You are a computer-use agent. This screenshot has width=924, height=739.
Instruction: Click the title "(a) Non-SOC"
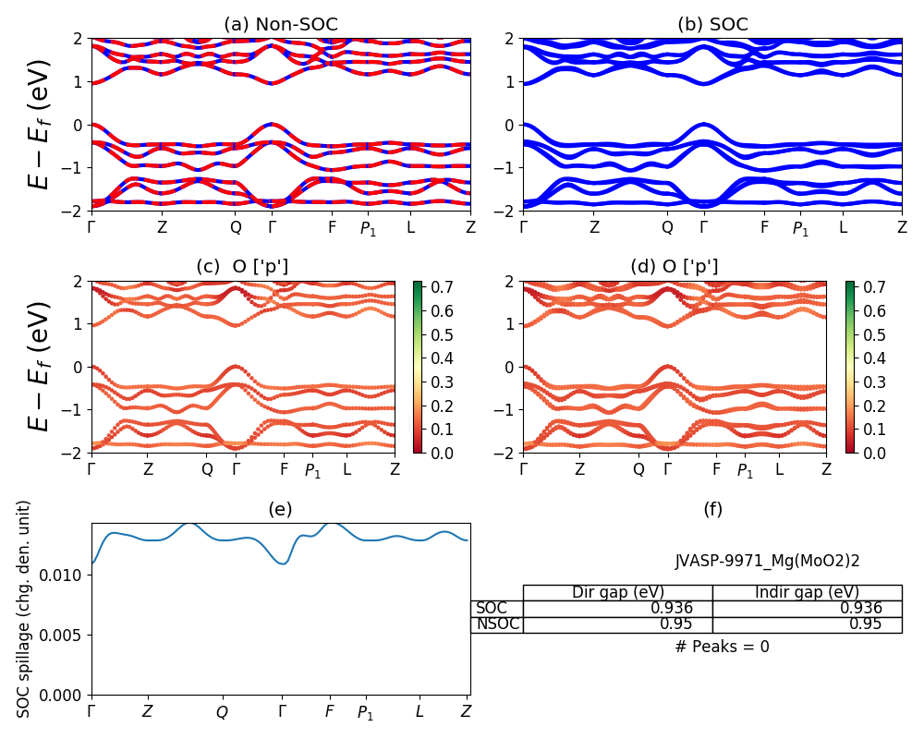point(281,25)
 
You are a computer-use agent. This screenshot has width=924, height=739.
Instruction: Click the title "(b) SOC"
point(712,25)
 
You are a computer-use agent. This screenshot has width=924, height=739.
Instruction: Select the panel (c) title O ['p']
point(242,267)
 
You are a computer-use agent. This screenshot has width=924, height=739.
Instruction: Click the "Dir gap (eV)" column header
point(617,592)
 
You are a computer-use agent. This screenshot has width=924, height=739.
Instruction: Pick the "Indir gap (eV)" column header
point(807,592)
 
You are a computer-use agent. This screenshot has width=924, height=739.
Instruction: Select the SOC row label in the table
point(492,608)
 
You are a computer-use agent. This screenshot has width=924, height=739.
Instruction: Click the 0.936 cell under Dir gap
point(672,608)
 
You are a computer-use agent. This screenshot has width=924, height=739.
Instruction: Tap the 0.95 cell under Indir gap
point(866,624)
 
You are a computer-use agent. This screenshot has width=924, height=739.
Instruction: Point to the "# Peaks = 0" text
point(722,647)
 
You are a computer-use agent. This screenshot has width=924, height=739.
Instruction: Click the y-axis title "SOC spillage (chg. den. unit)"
point(25,609)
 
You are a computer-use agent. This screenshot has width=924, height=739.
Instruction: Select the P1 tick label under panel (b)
point(800,228)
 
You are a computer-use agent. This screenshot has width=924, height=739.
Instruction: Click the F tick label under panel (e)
point(329,711)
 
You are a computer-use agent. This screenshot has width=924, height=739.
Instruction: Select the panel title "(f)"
point(712,509)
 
